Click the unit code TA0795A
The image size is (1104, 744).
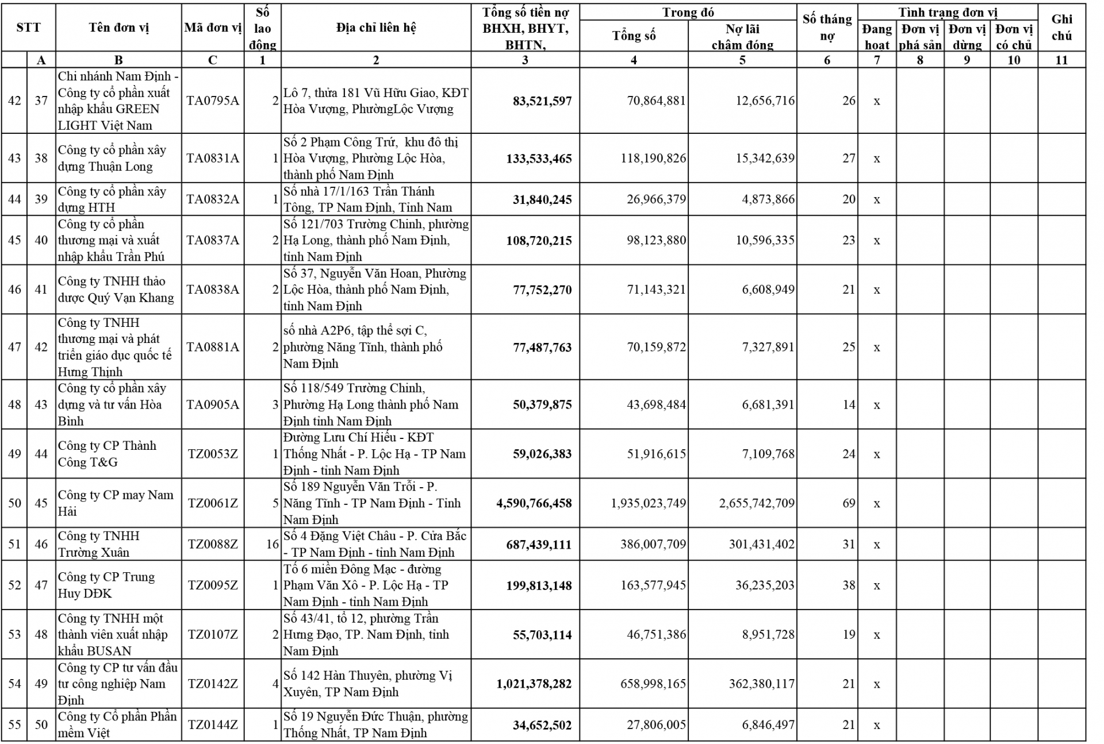point(212,101)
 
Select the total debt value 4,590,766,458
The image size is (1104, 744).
point(534,504)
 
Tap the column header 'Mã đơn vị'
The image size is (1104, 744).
point(213,28)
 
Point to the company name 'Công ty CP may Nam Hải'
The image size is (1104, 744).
point(115,503)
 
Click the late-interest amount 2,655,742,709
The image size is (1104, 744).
point(757,504)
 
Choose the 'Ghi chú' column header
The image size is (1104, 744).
point(1061,28)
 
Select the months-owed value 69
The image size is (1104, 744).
point(849,504)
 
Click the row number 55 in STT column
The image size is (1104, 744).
point(14,725)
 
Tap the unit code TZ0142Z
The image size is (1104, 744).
point(212,684)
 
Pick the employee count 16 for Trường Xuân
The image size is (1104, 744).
point(273,544)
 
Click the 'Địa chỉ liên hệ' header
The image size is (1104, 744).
point(376,28)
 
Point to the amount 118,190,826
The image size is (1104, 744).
point(653,159)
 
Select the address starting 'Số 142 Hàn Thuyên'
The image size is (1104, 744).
point(368,684)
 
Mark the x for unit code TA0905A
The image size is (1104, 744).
point(877,406)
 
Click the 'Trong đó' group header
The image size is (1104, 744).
point(688,12)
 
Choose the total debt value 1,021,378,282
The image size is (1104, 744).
point(534,684)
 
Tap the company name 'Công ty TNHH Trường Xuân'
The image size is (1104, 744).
point(98,544)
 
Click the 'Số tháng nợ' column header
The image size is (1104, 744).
point(827,28)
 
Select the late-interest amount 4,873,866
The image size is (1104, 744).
point(768,199)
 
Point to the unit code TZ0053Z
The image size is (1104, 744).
point(212,454)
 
